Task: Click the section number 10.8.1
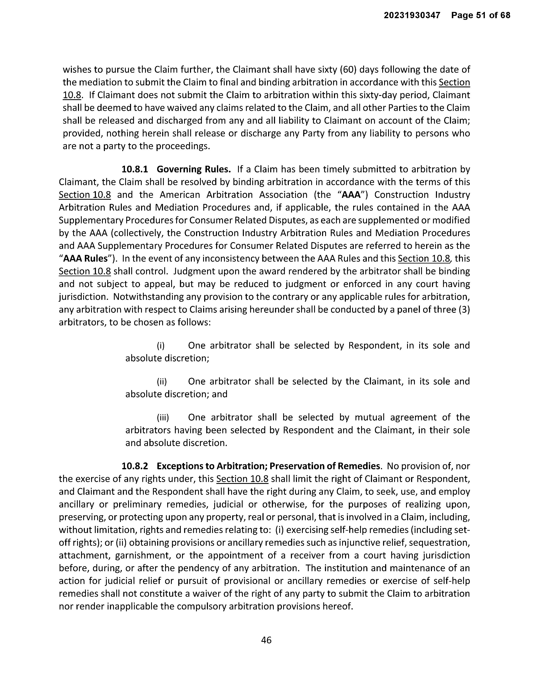pyautogui.click(x=135, y=169)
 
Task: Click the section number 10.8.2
pyautogui.click(x=135, y=466)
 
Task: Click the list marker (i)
pyautogui.click(x=161, y=345)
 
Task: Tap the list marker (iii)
pyautogui.click(x=163, y=417)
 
